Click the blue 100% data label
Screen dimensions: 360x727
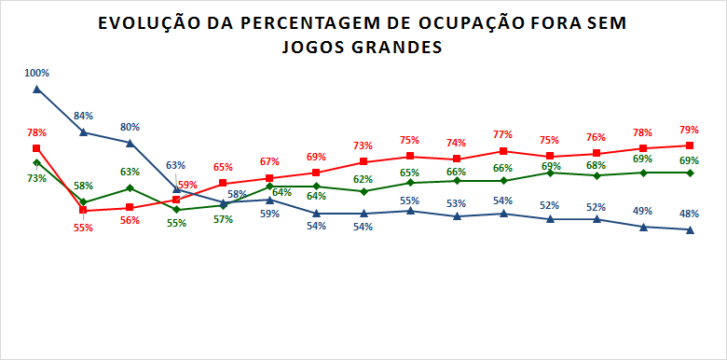(x=37, y=73)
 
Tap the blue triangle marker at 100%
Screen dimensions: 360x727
(x=36, y=90)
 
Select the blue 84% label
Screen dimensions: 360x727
(x=84, y=116)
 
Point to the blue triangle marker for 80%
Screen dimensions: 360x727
(x=130, y=143)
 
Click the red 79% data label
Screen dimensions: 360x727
(x=689, y=130)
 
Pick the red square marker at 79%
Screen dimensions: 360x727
(x=689, y=145)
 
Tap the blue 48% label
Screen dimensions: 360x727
(x=689, y=214)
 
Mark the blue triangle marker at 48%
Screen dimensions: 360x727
(x=689, y=229)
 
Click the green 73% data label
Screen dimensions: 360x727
(x=36, y=178)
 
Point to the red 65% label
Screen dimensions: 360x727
(x=223, y=167)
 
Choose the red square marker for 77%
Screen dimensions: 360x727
(x=503, y=151)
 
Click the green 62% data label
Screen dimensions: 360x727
(x=363, y=179)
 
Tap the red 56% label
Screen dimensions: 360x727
(x=130, y=221)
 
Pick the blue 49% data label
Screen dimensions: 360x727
(x=642, y=211)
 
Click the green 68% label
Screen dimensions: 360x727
(x=596, y=165)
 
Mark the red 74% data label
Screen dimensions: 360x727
(x=456, y=144)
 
